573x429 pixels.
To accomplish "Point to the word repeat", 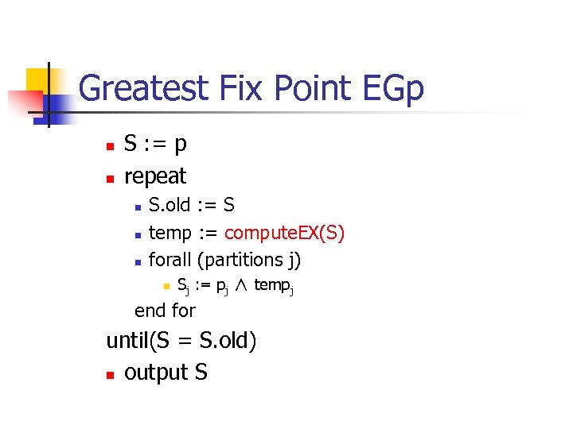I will [x=155, y=176].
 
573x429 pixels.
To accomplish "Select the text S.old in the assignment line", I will [x=170, y=205].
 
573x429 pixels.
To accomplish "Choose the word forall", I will [x=170, y=259].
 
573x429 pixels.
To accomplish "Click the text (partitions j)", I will [x=249, y=259].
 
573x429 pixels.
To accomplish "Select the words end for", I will [x=165, y=311].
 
